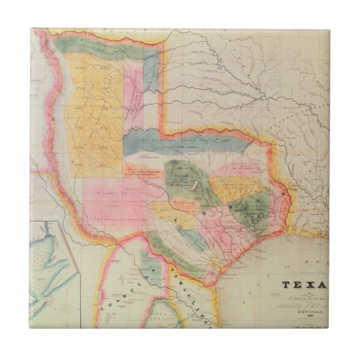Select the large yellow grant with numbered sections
coord(92,102)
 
